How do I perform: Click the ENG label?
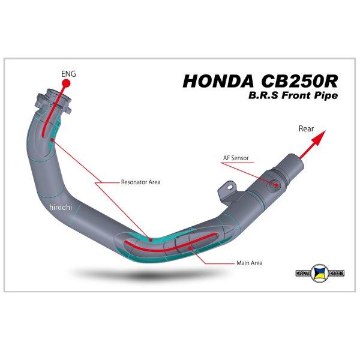(68, 74)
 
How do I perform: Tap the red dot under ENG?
(68, 85)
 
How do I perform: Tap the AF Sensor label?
(236, 158)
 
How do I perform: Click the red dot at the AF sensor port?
(276, 185)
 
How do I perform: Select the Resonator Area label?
(140, 181)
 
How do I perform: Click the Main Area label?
(250, 263)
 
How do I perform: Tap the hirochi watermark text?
(61, 207)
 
